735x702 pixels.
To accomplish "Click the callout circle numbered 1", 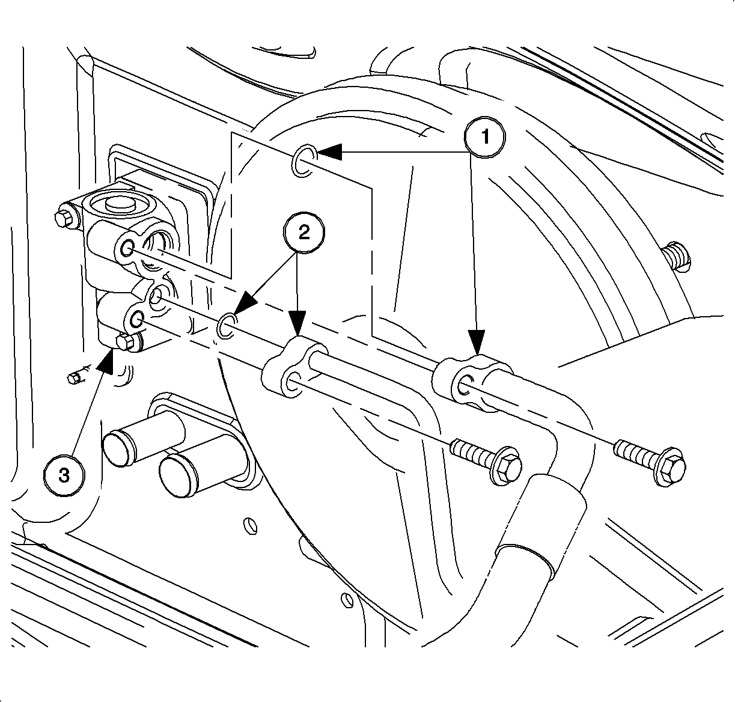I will tap(484, 138).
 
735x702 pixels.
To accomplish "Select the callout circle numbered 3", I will tap(64, 474).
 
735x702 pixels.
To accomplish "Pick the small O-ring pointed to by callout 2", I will tap(226, 325).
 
